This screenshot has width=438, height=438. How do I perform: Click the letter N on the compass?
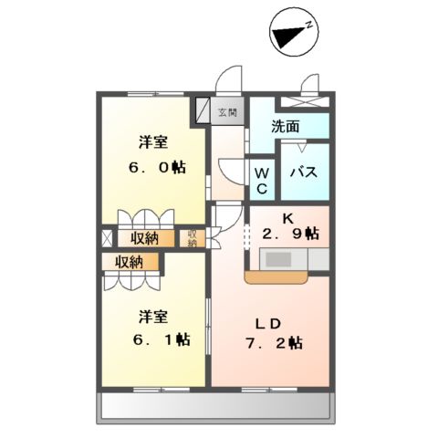coord(309,25)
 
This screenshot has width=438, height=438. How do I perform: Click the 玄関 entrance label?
coord(227,112)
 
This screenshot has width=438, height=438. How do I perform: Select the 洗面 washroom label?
coord(286,126)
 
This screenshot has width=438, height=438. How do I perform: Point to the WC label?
coord(262,182)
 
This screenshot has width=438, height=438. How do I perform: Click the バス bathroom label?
coord(304,172)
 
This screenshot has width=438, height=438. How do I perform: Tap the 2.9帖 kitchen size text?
coord(291,234)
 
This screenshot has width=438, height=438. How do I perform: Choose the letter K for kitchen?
coord(288,218)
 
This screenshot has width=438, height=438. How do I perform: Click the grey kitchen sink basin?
coord(278,259)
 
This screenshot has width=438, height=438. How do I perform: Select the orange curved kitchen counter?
coord(276,277)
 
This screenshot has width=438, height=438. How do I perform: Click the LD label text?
coord(268,325)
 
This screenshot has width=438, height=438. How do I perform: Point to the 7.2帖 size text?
coord(275,343)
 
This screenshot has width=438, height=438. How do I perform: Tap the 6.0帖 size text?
coord(158,167)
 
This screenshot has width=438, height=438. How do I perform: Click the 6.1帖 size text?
coord(162,339)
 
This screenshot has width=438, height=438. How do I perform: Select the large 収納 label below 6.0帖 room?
coord(144,238)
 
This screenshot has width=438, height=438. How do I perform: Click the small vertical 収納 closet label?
coord(192,238)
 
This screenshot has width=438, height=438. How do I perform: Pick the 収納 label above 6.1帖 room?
coord(129,262)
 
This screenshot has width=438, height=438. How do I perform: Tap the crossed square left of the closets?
coord(107,238)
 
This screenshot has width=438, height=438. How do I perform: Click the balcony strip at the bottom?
coord(215,406)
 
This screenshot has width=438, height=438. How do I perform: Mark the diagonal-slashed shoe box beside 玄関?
coord(203,110)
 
